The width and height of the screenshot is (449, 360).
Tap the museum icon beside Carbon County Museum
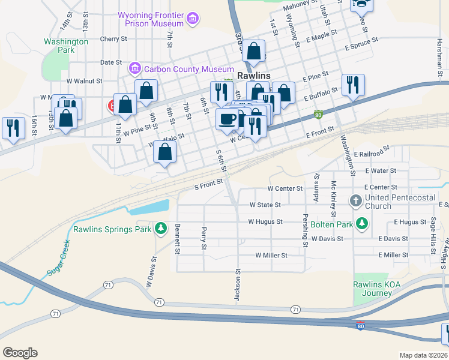pyautogui.click(x=134, y=70)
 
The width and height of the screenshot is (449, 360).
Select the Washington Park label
pyautogui.click(x=66, y=46)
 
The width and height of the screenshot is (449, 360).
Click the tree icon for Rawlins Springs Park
pyautogui.click(x=160, y=229)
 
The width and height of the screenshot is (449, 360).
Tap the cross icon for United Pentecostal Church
pyautogui.click(x=355, y=201)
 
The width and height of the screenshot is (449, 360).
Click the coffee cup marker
pyautogui.click(x=228, y=119)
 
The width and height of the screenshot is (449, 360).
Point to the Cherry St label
pyautogui.click(x=114, y=38)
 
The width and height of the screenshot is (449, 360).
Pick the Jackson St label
pyautogui.click(x=238, y=284)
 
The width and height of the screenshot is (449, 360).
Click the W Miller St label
pyautogui.click(x=271, y=255)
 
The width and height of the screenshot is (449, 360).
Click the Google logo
pyautogui.click(x=20, y=353)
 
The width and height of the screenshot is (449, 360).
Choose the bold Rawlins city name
pyautogui.click(x=254, y=76)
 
